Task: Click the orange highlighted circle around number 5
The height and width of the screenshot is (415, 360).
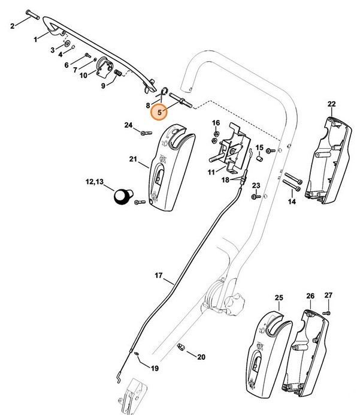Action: (x=159, y=112)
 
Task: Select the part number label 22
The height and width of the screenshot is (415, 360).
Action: (x=332, y=104)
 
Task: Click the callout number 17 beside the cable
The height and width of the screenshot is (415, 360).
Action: (x=159, y=276)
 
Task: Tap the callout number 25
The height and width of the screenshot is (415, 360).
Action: (x=279, y=297)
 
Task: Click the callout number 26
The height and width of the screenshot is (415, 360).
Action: (x=310, y=296)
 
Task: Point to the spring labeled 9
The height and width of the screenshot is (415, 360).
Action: (x=118, y=74)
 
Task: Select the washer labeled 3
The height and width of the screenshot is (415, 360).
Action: (x=66, y=43)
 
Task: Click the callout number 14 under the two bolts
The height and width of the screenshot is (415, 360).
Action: (x=292, y=202)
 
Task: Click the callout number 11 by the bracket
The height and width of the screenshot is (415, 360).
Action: (x=211, y=172)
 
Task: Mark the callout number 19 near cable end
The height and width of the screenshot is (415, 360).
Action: (x=155, y=368)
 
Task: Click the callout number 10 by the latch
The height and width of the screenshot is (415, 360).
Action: (x=83, y=75)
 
